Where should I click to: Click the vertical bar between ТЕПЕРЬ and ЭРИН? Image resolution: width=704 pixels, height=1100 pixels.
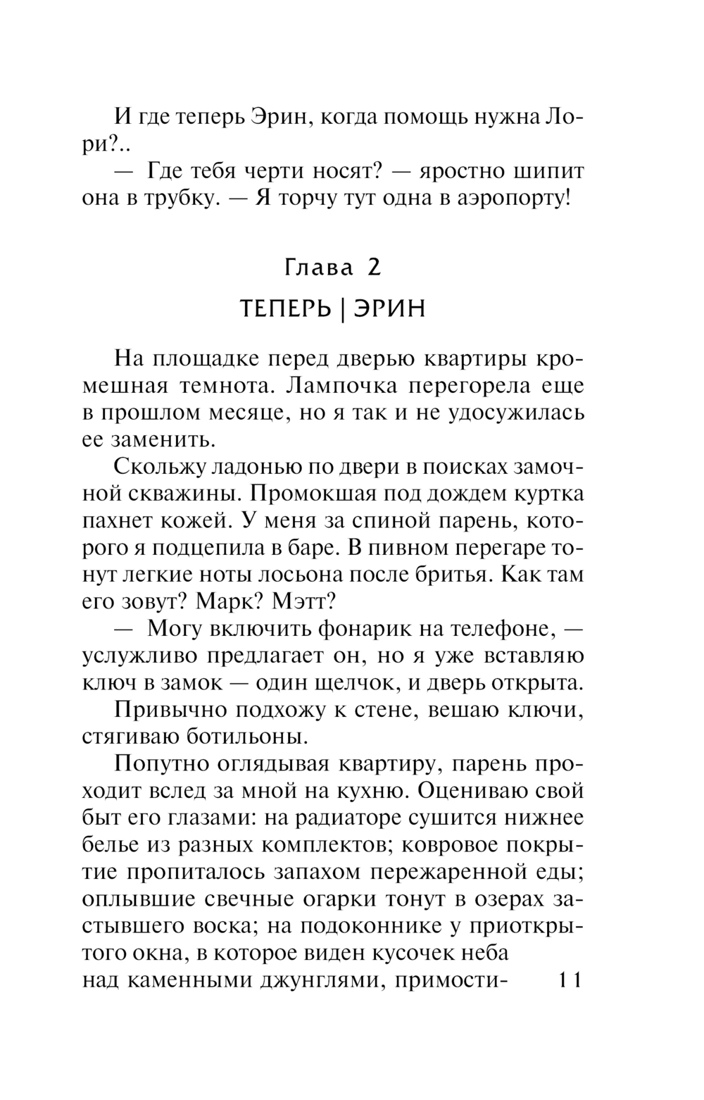click(341, 309)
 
